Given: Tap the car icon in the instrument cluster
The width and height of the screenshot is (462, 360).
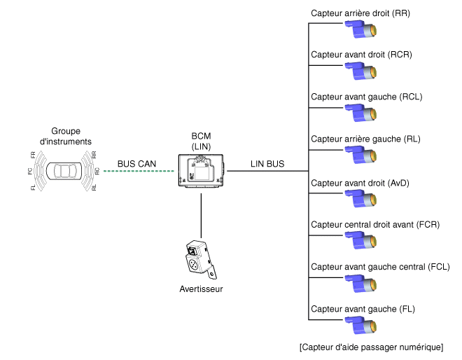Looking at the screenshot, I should pyautogui.click(x=66, y=171).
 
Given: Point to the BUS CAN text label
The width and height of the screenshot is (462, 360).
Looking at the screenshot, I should pyautogui.click(x=136, y=164).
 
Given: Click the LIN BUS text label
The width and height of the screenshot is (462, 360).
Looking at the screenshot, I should pyautogui.click(x=267, y=164).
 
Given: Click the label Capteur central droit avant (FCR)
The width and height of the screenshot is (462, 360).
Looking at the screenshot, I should pyautogui.click(x=374, y=225).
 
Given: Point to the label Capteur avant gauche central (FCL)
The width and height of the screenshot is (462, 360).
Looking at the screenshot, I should pyautogui.click(x=380, y=267).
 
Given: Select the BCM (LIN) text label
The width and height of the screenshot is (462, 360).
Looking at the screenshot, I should pyautogui.click(x=201, y=140).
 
